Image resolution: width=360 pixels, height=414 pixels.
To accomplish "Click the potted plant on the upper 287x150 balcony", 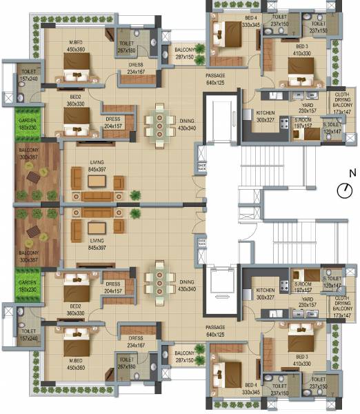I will (x=200, y=50).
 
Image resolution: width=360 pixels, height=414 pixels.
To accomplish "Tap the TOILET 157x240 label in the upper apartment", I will (x=29, y=75).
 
